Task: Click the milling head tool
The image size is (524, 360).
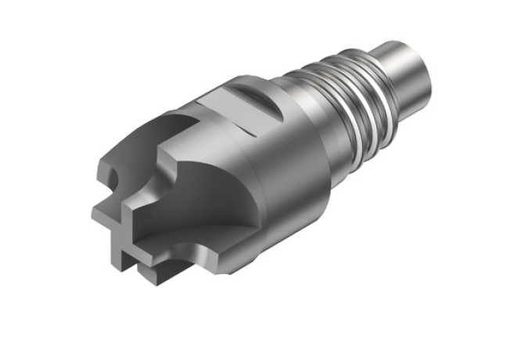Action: point(235,172)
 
